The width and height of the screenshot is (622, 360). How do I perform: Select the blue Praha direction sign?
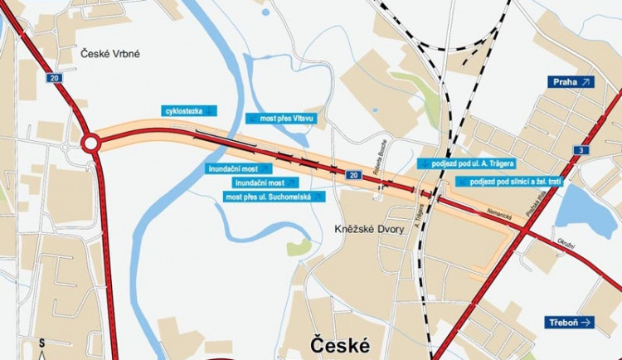(571, 82)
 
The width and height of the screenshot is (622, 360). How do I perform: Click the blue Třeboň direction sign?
(571, 322)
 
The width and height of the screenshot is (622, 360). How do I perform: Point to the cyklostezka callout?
(190, 109)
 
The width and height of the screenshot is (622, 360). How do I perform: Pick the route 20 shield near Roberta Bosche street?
(353, 175)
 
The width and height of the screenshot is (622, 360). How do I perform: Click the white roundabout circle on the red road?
(90, 144)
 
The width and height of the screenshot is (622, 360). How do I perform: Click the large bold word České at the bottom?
(339, 343)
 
